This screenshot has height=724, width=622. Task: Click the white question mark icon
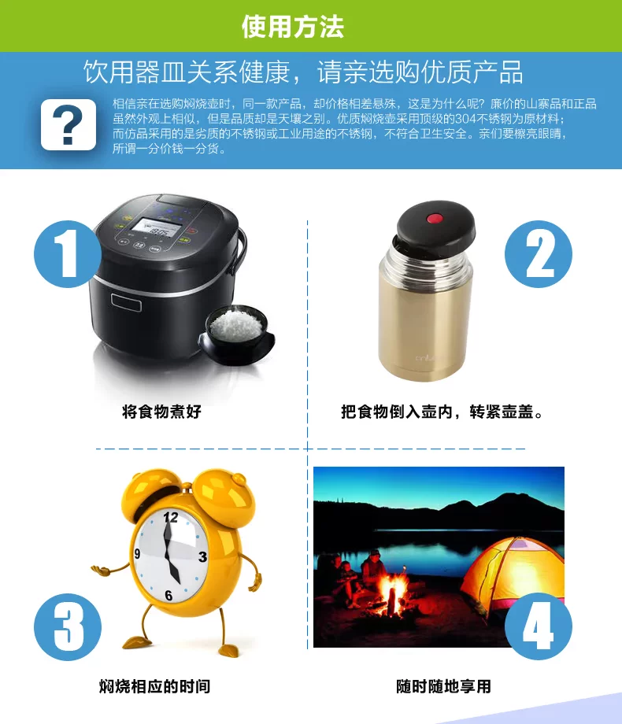pyautogui.click(x=68, y=124)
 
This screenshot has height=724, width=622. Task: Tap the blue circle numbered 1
pyautogui.click(x=68, y=254)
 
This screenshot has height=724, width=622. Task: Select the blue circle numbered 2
pyautogui.click(x=539, y=254)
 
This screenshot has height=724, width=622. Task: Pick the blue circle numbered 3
pyautogui.click(x=68, y=626)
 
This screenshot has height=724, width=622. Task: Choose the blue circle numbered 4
pyautogui.click(x=539, y=626)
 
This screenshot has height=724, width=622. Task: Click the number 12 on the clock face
pyautogui.click(x=171, y=517)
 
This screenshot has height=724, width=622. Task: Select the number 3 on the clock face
pyautogui.click(x=202, y=557)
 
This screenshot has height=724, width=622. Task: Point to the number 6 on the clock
pyautogui.click(x=168, y=596)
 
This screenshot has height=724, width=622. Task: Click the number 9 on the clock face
pyautogui.click(x=137, y=553)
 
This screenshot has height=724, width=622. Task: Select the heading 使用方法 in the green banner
pyautogui.click(x=293, y=26)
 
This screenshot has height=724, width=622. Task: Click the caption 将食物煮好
pyautogui.click(x=161, y=412)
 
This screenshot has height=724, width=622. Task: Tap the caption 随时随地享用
pyautogui.click(x=443, y=686)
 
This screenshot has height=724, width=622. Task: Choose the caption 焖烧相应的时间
pyautogui.click(x=155, y=686)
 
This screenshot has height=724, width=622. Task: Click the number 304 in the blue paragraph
pyautogui.click(x=465, y=119)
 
